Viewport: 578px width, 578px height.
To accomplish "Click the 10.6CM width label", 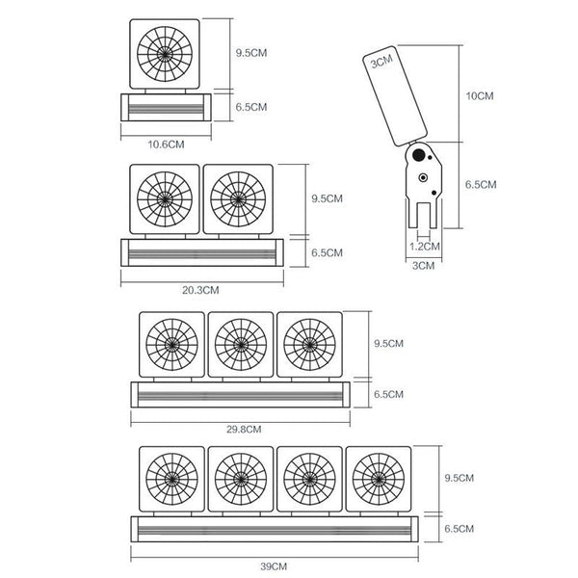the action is [x=166, y=144].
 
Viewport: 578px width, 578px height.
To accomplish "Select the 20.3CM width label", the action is [x=200, y=290].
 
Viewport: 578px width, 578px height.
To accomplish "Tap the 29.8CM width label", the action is [x=244, y=429].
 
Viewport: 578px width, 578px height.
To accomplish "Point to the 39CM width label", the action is [x=274, y=566].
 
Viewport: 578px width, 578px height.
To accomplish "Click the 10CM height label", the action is [x=480, y=95].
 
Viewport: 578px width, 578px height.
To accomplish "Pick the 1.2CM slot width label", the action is [x=425, y=247].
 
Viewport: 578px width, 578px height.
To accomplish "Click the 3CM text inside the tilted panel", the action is [x=381, y=62].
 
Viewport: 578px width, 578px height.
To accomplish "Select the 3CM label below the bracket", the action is [x=423, y=266].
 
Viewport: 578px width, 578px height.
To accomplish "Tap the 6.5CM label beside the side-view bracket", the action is [x=481, y=184].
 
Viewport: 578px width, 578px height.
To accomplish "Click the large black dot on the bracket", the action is [x=418, y=155].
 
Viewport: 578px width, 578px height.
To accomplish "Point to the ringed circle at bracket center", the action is [x=423, y=177].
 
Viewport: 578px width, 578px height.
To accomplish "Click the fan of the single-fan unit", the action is [x=165, y=54].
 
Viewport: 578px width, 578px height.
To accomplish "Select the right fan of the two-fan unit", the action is [x=238, y=199].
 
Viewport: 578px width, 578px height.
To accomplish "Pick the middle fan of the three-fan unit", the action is [x=241, y=345].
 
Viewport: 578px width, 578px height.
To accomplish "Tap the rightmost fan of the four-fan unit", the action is [x=379, y=479].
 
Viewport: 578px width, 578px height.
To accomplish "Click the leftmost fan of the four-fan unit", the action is [x=171, y=479].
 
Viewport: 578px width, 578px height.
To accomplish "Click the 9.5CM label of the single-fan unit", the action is [x=251, y=53].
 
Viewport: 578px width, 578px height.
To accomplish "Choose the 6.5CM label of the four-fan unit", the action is [x=459, y=529].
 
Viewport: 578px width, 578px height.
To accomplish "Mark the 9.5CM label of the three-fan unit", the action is [x=388, y=343].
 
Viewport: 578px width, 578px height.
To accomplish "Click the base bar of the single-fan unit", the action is [x=166, y=107].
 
